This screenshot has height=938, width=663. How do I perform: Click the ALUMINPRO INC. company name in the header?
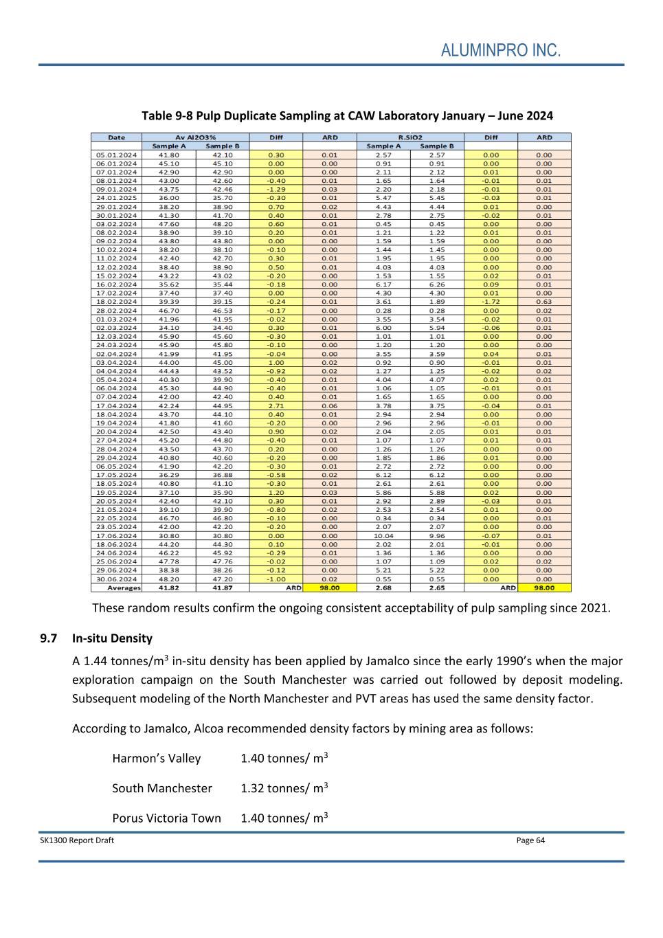[x=501, y=50]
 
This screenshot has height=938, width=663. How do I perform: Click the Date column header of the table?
[x=116, y=137]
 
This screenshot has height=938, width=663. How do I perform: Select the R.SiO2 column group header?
[x=410, y=137]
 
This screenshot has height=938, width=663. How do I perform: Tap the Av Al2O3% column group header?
[x=195, y=137]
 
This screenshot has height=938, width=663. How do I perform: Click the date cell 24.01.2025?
[x=116, y=198]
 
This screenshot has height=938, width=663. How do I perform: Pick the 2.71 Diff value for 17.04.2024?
[x=276, y=405]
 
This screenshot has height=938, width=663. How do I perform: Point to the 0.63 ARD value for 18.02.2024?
[x=544, y=302]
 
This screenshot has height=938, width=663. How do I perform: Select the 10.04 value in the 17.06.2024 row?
[x=383, y=536]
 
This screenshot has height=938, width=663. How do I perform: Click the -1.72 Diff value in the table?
[x=491, y=302]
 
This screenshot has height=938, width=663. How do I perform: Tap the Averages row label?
[x=124, y=588]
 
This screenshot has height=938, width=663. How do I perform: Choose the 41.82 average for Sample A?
[x=168, y=588]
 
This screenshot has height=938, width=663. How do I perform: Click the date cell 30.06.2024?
[x=116, y=579]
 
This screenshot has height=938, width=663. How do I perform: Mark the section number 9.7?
[x=48, y=638]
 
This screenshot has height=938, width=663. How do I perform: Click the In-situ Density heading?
[x=112, y=638]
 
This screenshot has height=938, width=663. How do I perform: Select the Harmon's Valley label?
[x=157, y=759]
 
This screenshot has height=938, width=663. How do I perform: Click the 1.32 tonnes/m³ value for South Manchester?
[x=284, y=788]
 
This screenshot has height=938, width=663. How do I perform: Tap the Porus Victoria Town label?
[x=167, y=818]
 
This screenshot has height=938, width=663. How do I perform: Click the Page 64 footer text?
[x=530, y=840]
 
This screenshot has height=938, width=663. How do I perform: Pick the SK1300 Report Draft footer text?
[x=77, y=840]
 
